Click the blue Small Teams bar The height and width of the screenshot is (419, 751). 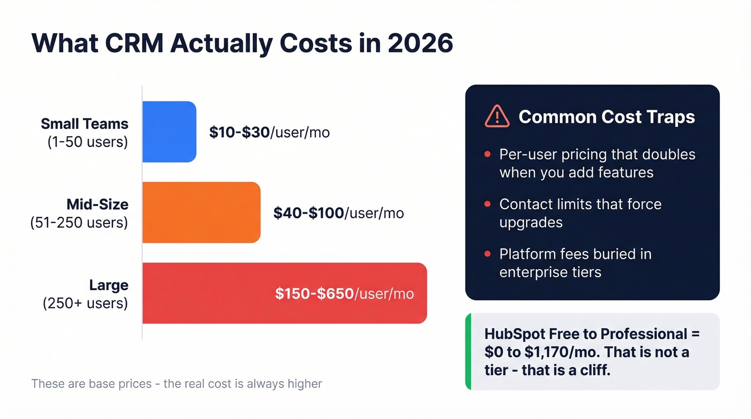[x=169, y=131]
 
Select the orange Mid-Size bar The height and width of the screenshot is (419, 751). [x=201, y=212]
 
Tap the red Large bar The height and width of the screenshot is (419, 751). [x=284, y=293]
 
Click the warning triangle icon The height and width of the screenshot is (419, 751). [x=497, y=116]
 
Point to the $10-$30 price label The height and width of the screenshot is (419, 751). [x=239, y=133]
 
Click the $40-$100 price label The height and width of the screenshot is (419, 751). [x=308, y=213]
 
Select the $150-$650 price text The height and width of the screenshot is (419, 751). [x=314, y=293]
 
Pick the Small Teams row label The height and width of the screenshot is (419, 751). [x=85, y=124]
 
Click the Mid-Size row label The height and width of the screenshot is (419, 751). [x=97, y=204]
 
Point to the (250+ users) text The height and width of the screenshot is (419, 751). [x=85, y=304]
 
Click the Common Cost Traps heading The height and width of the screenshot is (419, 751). [x=607, y=116]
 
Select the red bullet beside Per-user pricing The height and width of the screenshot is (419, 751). [x=487, y=155]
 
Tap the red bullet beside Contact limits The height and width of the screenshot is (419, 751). [x=487, y=204]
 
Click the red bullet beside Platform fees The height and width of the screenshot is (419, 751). [x=487, y=254]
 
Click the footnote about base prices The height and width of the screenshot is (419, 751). [x=176, y=384]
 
